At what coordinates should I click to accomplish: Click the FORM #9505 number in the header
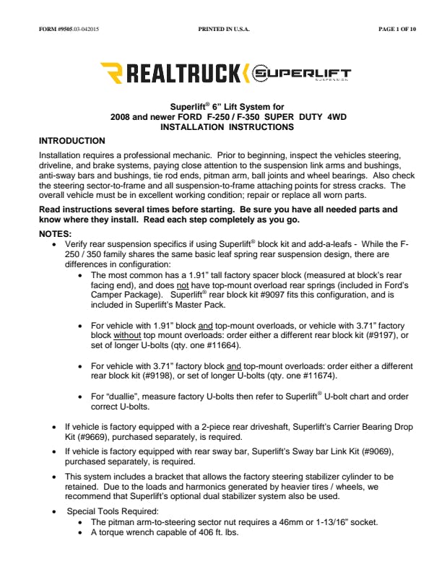point(58,30)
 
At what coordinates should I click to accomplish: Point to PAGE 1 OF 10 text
point(396,30)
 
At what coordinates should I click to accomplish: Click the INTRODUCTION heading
point(72,141)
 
